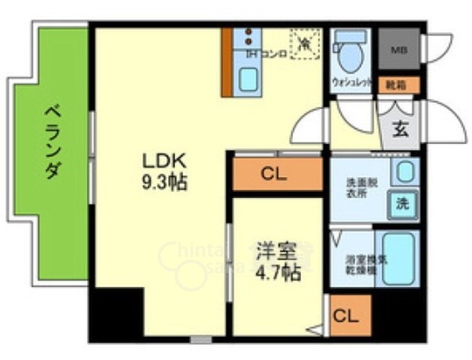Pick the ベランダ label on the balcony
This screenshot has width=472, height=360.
pyautogui.click(x=50, y=140)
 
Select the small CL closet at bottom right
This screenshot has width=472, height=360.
pyautogui.click(x=345, y=316)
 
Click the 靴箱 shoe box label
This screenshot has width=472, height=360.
pyautogui.click(x=398, y=85)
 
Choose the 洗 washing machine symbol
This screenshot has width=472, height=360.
pyautogui.click(x=403, y=202)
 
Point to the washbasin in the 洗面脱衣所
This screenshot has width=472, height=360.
pyautogui.click(x=403, y=170)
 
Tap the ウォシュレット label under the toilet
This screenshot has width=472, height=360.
pyautogui.click(x=351, y=85)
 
